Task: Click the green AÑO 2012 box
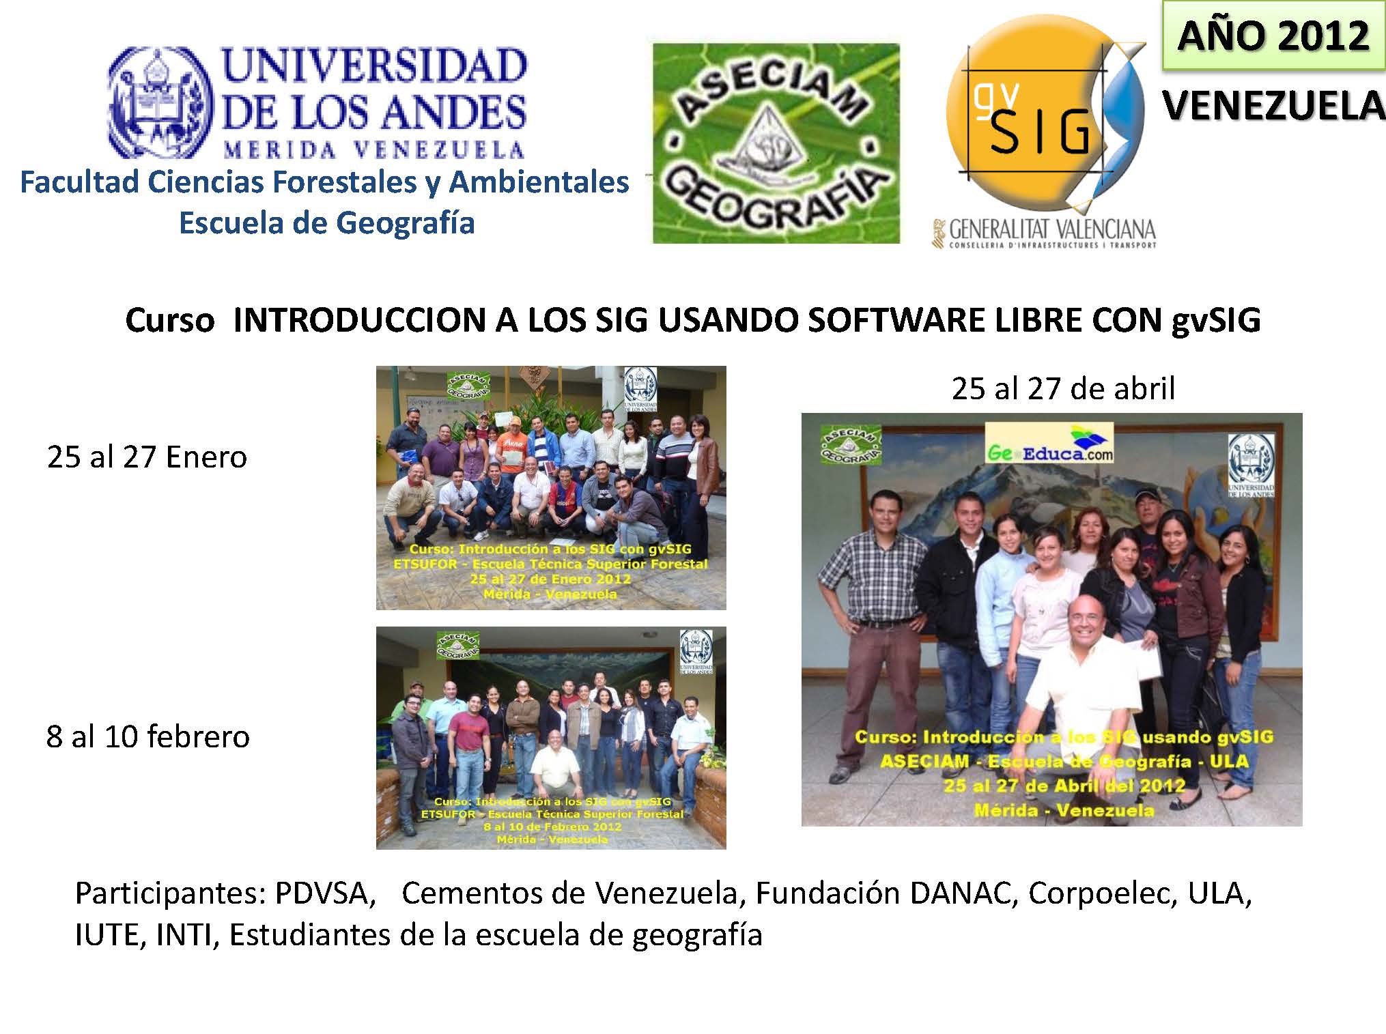coord(1273,35)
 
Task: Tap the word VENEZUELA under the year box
coord(1273,107)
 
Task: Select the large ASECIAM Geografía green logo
coord(776,143)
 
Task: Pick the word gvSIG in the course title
coord(1216,321)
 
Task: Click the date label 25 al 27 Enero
coord(147,457)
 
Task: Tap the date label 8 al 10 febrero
coord(147,736)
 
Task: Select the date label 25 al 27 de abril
coord(1063,388)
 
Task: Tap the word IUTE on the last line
coord(109,934)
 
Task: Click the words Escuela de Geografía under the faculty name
coord(326,223)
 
